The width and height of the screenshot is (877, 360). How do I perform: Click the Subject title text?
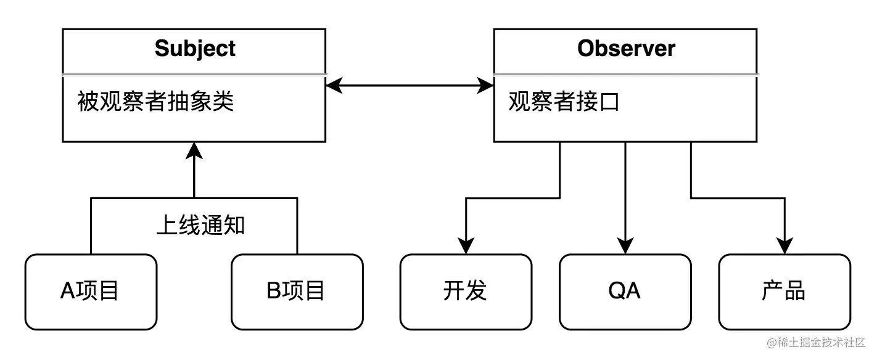tap(195, 48)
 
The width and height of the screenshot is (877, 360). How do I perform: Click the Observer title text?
tap(626, 48)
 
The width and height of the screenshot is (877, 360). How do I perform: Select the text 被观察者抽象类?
tap(155, 101)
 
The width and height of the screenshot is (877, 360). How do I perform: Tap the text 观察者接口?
tap(564, 102)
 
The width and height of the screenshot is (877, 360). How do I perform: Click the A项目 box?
tap(91, 292)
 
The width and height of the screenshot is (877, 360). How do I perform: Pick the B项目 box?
tap(297, 292)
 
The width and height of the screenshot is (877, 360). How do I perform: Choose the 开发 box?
tap(466, 292)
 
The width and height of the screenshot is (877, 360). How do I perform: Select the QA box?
tap(625, 292)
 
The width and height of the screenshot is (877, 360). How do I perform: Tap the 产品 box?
tap(784, 292)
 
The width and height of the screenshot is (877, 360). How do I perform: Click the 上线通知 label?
tap(200, 226)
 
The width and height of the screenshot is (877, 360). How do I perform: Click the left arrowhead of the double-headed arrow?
tap(334, 86)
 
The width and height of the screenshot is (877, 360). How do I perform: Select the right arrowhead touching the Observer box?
tap(487, 86)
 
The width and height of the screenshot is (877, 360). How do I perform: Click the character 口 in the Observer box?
tap(609, 102)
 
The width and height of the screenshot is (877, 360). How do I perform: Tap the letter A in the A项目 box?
tap(67, 292)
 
